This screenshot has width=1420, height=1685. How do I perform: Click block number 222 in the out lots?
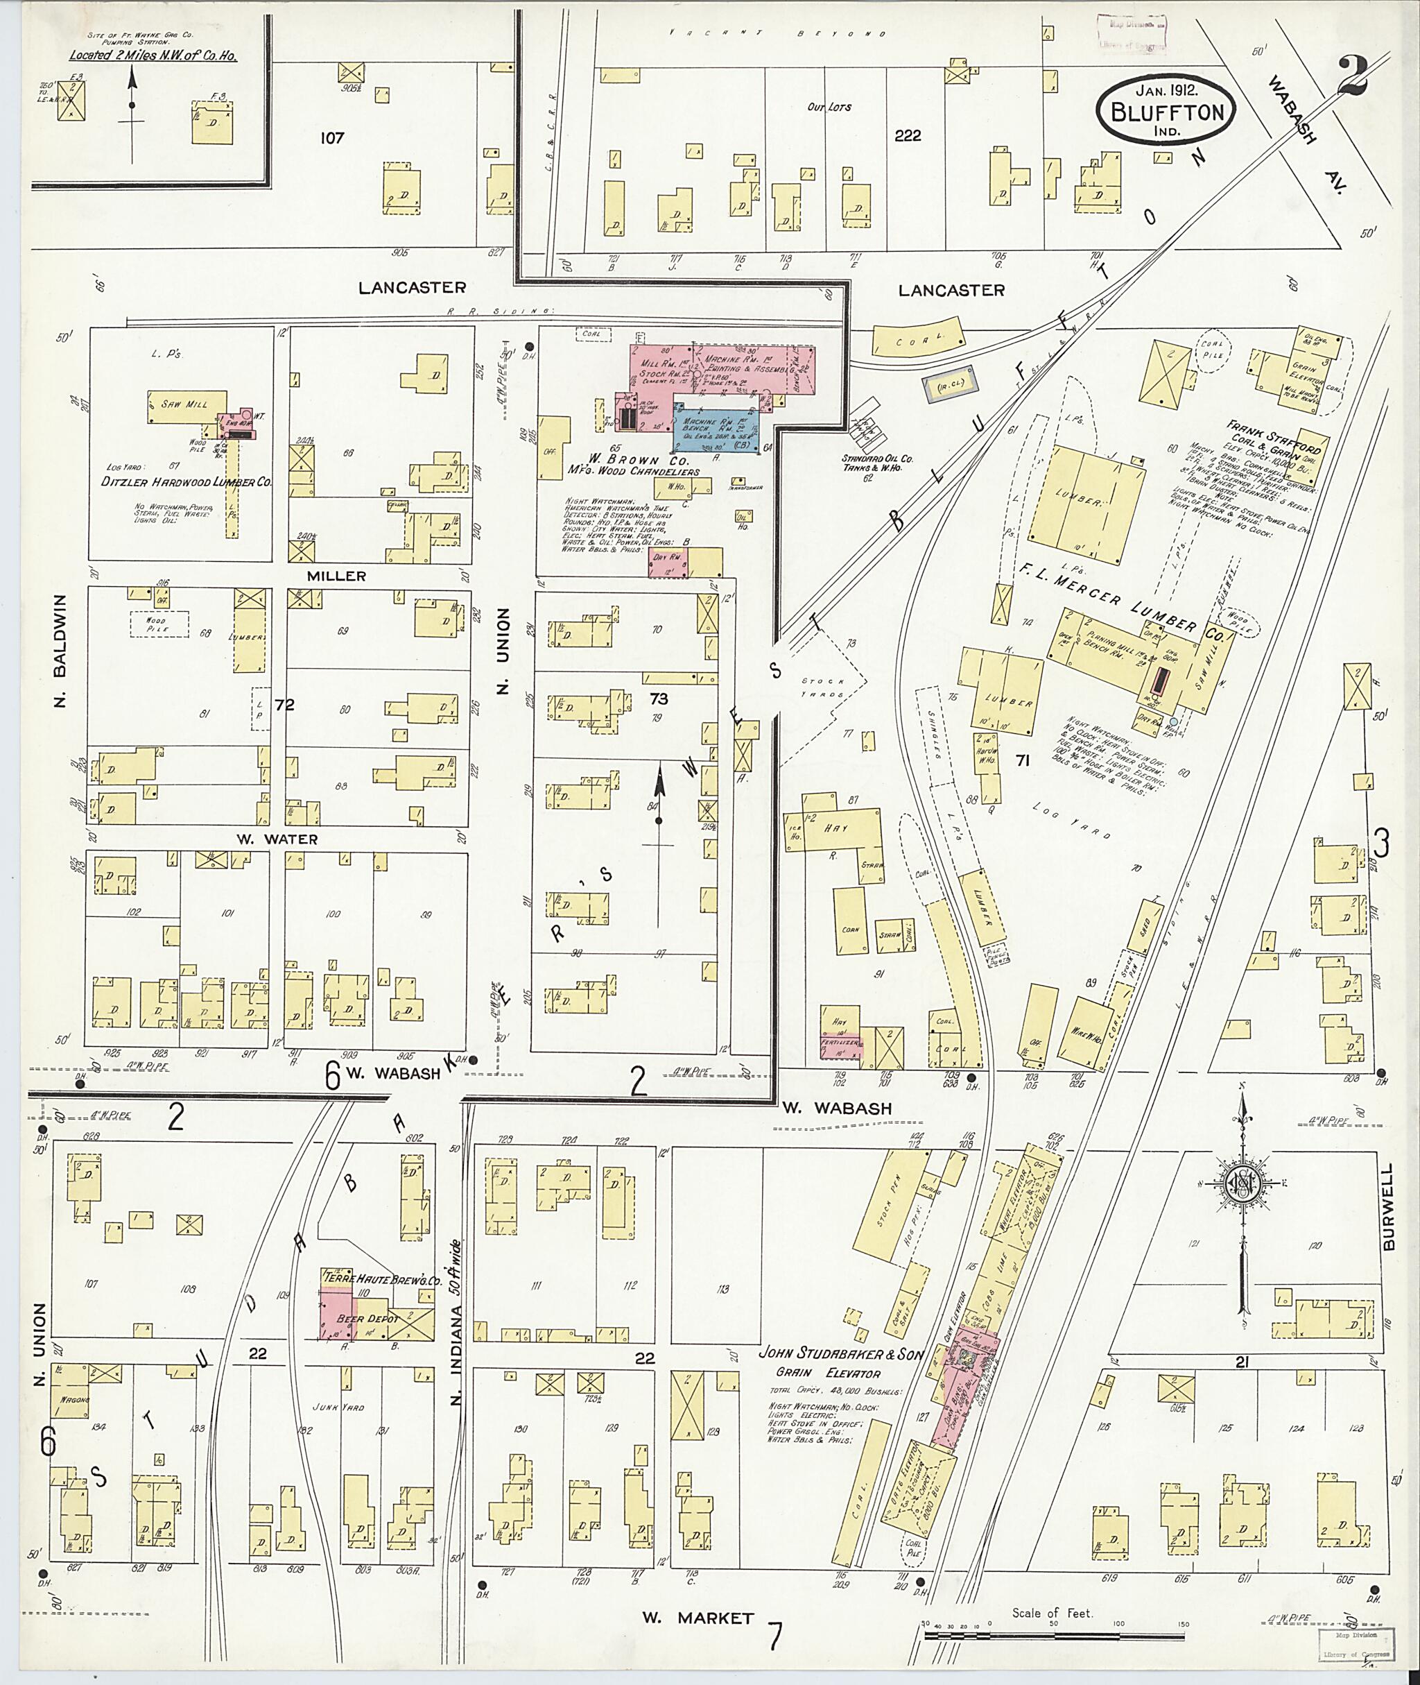907,135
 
